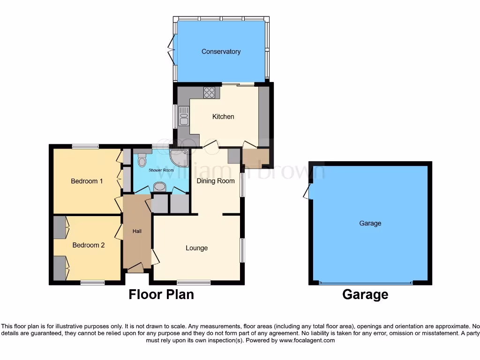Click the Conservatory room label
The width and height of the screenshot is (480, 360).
[221, 52]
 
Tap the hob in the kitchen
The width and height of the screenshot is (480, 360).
[209, 93]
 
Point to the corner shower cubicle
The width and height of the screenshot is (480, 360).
[180, 157]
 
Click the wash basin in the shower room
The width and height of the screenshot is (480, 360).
[160, 187]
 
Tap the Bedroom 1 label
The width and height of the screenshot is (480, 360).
[87, 181]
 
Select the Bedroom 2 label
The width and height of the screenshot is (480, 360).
[88, 245]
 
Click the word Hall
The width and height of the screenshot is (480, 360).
[137, 231]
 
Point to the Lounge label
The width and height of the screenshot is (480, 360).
[196, 248]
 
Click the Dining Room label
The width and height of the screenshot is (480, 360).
[216, 181]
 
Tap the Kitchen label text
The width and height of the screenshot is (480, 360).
[223, 116]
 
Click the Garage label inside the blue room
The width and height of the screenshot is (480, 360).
[370, 223]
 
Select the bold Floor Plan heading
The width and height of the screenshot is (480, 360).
[161, 294]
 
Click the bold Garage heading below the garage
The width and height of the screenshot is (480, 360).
[365, 294]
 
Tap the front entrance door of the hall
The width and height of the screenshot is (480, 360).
[135, 268]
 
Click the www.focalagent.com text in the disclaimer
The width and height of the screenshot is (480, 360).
[307, 340]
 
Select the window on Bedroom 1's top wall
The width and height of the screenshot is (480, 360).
[85, 146]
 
